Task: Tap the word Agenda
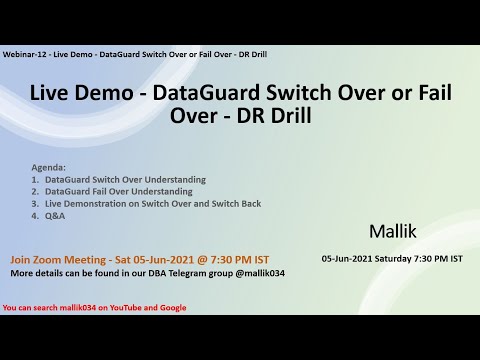(x=49, y=168)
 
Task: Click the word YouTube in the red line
(x=127, y=307)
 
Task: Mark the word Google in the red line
(x=172, y=307)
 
